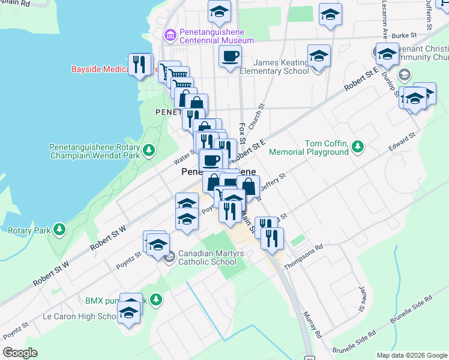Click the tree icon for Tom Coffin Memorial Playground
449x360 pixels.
pyautogui.click(x=358, y=146)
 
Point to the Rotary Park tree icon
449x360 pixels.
pyautogui.click(x=59, y=229)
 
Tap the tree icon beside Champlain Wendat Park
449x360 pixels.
pyautogui.click(x=149, y=149)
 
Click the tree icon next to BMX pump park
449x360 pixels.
pyautogui.click(x=155, y=299)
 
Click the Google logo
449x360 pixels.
pyautogui.click(x=20, y=352)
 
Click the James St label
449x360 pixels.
pyautogui.click(x=362, y=299)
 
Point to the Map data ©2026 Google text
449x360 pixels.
pyautogui.click(x=411, y=355)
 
